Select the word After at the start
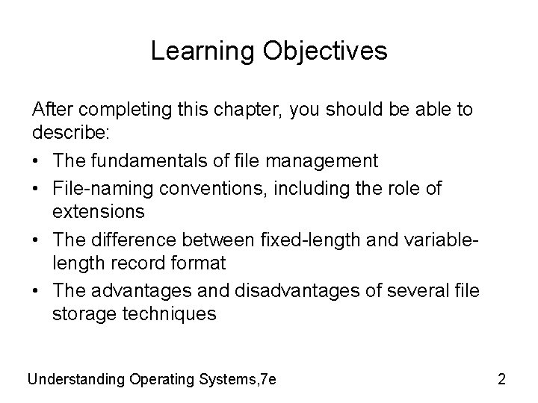52,110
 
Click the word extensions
99,213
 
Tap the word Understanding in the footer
76,379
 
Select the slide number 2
501,379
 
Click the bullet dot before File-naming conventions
37,187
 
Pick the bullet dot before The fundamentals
37,161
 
